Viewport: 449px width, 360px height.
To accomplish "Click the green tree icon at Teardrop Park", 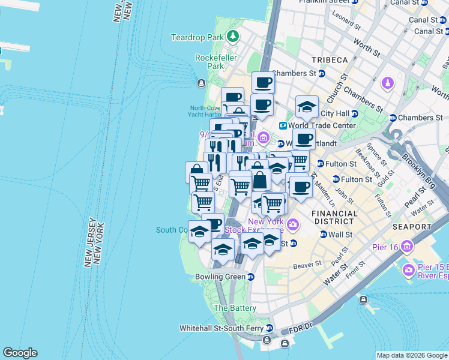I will coord(232,37).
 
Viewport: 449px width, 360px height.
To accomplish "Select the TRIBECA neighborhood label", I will coord(330,60).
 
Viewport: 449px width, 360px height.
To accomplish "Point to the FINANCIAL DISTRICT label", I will coord(335,217).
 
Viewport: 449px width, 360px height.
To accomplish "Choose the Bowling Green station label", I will coord(220,277).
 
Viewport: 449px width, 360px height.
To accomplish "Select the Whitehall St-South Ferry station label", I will coord(222,328).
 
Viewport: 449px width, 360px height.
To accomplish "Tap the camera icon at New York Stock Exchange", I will coord(293,225).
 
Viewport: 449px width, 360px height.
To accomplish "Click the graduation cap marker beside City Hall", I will coord(307,107).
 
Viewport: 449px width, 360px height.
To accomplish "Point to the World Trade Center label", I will coord(322,125).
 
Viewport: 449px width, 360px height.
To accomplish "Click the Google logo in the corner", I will coord(20,353).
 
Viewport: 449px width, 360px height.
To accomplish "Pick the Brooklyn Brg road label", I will coord(420,170).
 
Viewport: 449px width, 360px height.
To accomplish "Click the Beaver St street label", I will coord(304,266).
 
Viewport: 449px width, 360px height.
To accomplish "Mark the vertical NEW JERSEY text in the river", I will coord(90,242).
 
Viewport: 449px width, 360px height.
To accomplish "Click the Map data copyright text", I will coord(411,355).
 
